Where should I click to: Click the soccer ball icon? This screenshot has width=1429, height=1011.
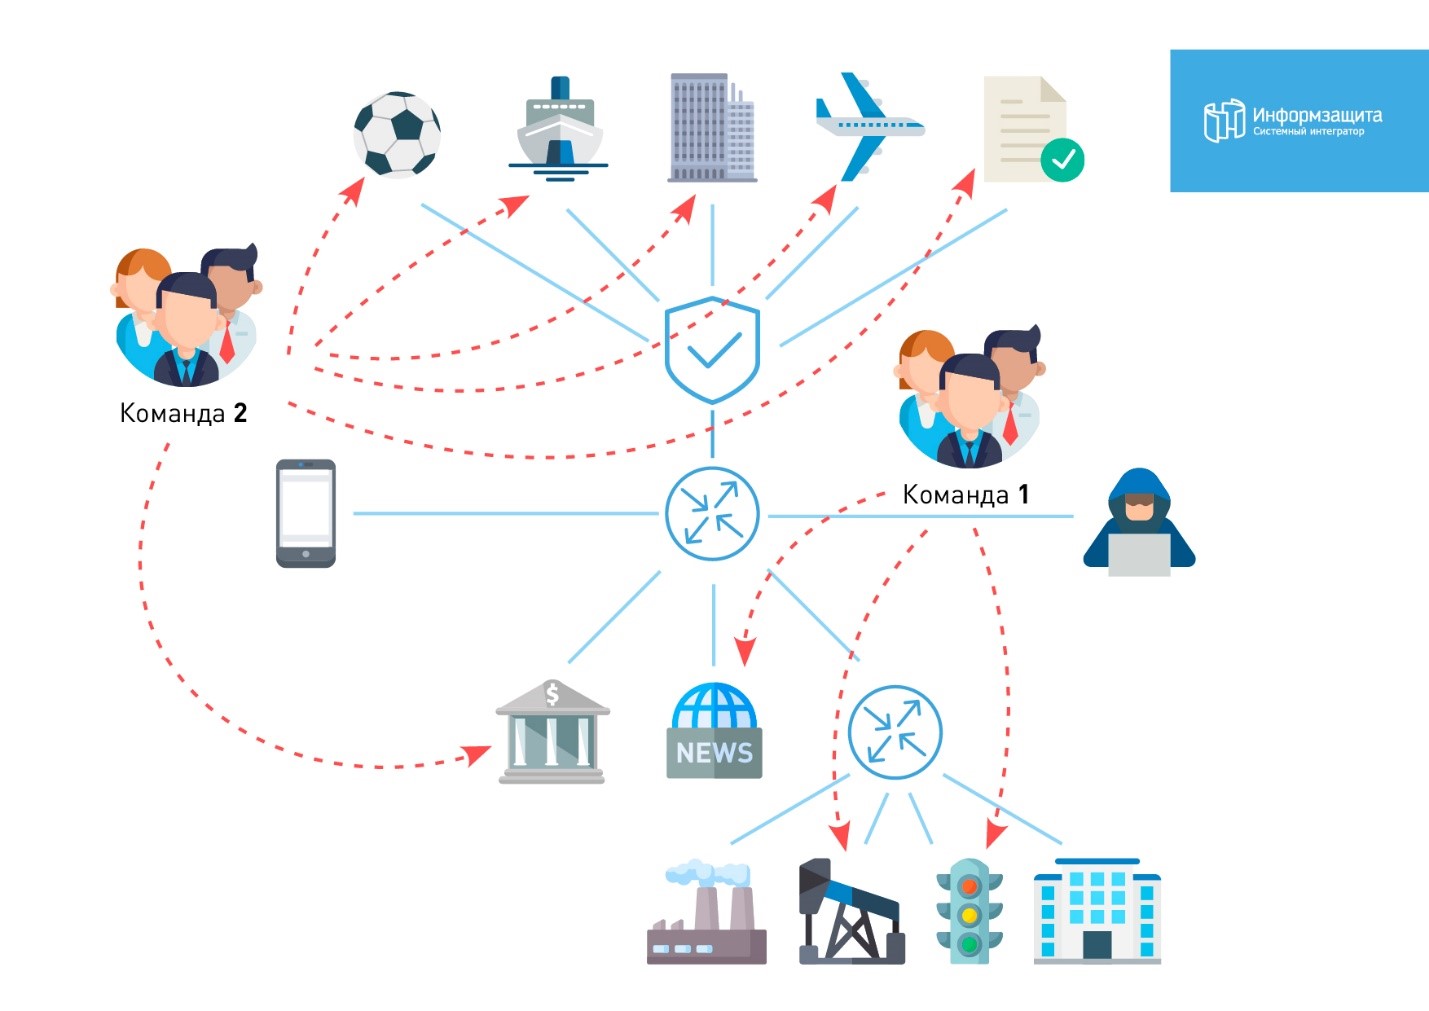point(397,135)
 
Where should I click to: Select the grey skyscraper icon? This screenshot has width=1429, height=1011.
point(711,128)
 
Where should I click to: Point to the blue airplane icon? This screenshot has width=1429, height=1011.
point(866,126)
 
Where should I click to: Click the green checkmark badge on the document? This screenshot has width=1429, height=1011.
point(1062,160)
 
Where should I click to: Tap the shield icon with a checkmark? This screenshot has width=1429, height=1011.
point(713,350)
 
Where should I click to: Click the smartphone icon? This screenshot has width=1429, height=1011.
point(306,513)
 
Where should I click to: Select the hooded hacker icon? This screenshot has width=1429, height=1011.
point(1139,523)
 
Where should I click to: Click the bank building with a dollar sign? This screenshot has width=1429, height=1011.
point(552,732)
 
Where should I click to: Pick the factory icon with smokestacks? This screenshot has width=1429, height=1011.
point(707,914)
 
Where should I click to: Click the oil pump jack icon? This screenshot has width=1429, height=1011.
point(851,912)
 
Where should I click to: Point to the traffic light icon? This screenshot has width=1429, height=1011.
point(968,911)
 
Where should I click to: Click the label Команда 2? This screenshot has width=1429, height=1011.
point(183,413)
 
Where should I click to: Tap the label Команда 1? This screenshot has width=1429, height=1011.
point(965,495)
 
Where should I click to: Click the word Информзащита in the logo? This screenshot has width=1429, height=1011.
point(1317,115)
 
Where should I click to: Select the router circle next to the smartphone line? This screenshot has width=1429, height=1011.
point(713,514)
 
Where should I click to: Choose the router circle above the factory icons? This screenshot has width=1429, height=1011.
point(895,732)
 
